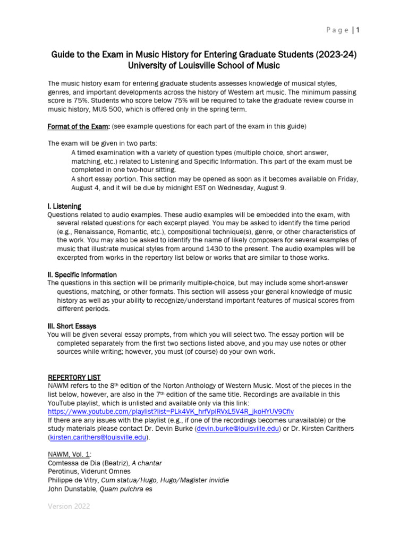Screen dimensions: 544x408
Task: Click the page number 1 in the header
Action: point(358,30)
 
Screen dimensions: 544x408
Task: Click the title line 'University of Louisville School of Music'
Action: point(204,65)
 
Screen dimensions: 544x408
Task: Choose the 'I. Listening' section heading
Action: point(64,206)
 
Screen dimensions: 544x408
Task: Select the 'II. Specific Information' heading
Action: point(82,275)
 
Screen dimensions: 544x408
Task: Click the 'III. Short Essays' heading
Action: point(72,326)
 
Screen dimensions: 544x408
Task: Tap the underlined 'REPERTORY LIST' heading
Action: point(74,377)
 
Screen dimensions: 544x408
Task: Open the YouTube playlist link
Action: point(171,411)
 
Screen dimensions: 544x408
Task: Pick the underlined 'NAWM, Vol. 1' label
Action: point(69,454)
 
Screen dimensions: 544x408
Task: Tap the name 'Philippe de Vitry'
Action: point(73,480)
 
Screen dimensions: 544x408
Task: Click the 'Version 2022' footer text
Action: point(69,506)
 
